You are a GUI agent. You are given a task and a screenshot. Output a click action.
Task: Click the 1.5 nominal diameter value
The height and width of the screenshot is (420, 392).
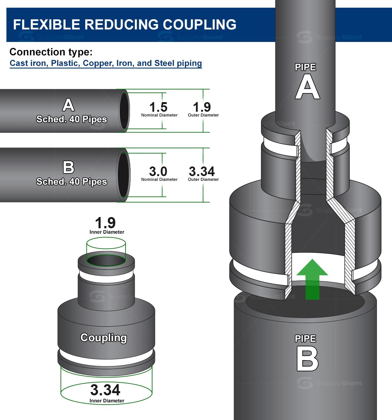coord(158,107)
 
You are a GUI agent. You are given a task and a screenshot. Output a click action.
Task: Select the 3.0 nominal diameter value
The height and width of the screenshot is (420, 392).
coord(158,171)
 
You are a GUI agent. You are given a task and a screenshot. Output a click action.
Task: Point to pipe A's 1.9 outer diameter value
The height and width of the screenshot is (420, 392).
coord(202,107)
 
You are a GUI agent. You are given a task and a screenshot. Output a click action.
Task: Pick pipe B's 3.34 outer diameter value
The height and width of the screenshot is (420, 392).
coord(202,171)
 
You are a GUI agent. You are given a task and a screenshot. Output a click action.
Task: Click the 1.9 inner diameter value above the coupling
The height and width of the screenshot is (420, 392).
coord(105,223)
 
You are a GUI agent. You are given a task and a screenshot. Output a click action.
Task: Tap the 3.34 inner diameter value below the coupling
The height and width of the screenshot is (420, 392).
coord(105,390)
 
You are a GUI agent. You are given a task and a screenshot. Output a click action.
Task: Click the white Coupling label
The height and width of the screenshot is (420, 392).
coord(103,338)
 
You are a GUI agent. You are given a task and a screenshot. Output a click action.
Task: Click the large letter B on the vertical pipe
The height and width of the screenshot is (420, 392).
coord(307,359)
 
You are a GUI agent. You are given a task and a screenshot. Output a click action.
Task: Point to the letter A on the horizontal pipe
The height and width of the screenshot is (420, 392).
coord(69,105)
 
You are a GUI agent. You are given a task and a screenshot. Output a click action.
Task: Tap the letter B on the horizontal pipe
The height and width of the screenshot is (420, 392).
coord(69,167)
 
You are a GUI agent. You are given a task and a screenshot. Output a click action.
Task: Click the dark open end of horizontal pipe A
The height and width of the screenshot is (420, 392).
coord(124,110)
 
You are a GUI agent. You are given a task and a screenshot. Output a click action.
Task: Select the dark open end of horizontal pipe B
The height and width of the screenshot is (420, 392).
coord(124,174)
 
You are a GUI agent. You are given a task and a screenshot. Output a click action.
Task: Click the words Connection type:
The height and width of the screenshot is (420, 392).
coord(51,52)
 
